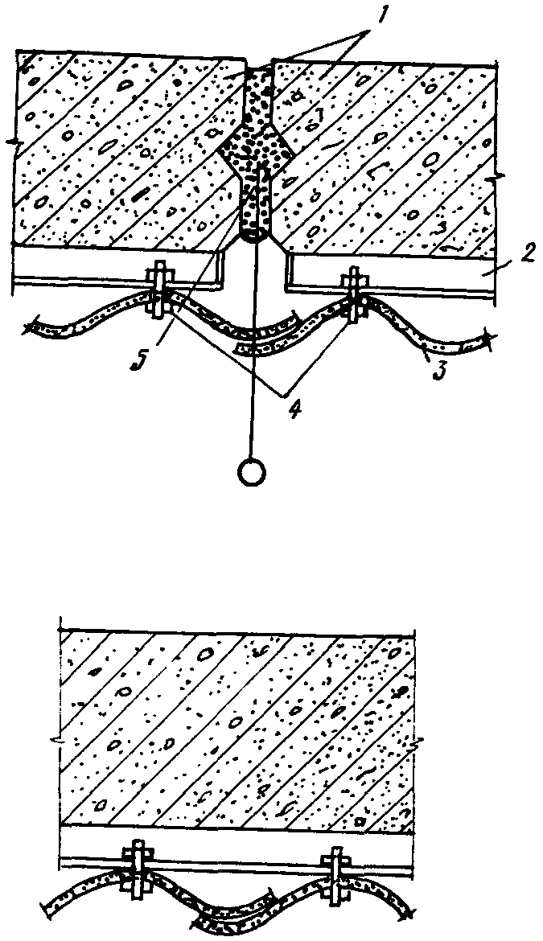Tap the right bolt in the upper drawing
click(x=354, y=294)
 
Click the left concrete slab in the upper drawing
click(x=121, y=153)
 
